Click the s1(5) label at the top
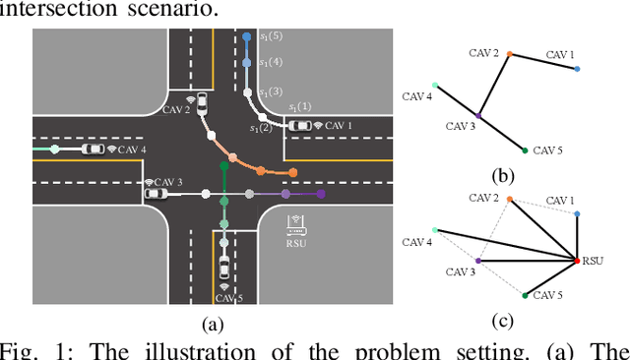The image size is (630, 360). coord(271,37)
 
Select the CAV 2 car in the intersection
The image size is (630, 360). coord(203,103)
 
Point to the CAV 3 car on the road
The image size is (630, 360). coord(156,194)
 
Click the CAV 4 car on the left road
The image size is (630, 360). coord(93,150)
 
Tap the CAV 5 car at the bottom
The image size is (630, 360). coord(224,268)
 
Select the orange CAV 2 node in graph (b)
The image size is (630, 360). coord(509,53)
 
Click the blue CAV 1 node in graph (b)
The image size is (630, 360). coord(577,69)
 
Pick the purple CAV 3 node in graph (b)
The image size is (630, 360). coord(477,115)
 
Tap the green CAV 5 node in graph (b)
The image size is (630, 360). coord(523,150)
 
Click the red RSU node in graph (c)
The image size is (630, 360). coord(576,260)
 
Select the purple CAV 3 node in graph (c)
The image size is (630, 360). coord(477,261)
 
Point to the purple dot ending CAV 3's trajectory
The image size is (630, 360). coord(320,195)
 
